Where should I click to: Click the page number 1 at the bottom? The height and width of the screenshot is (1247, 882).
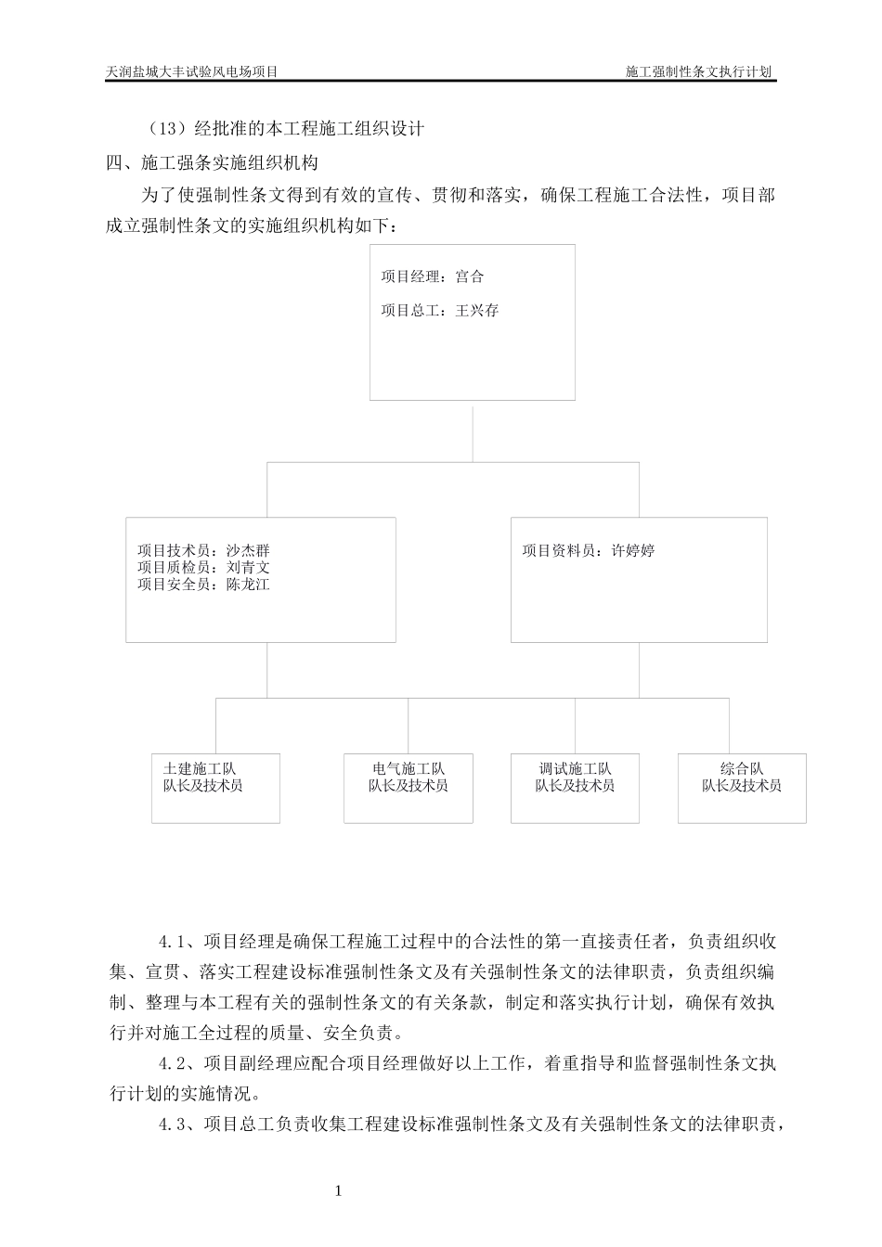click(339, 1190)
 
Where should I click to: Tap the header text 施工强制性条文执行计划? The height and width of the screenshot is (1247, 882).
click(700, 71)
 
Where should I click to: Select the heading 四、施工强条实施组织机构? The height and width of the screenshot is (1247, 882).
click(213, 162)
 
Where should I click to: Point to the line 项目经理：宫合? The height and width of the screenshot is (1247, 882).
click(432, 276)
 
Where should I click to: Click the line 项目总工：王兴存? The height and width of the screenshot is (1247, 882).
click(439, 311)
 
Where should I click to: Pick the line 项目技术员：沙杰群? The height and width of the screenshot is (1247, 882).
click(203, 550)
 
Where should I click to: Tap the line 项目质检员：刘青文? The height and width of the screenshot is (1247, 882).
click(203, 567)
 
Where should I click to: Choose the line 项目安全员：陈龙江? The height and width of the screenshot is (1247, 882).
click(203, 585)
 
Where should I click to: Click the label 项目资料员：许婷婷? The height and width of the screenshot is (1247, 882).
click(589, 550)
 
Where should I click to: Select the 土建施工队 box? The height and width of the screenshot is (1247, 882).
click(215, 788)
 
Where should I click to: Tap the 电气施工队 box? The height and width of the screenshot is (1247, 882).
click(409, 788)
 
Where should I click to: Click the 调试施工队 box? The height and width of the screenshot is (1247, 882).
click(575, 788)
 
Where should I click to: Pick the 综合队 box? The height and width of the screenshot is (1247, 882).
click(742, 788)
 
